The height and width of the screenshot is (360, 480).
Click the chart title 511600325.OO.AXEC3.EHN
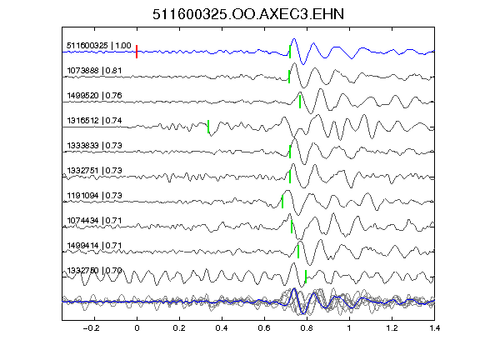click(x=248, y=14)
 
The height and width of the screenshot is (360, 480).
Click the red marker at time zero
click(x=137, y=52)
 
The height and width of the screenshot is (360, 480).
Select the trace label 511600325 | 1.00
click(x=99, y=46)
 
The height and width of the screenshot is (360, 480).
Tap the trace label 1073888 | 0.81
click(x=94, y=71)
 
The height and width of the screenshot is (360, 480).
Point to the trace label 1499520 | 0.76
click(x=94, y=96)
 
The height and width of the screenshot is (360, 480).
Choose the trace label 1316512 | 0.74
click(x=94, y=121)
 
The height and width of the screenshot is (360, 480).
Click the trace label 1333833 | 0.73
click(x=94, y=145)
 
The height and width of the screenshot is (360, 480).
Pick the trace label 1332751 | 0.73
click(x=94, y=171)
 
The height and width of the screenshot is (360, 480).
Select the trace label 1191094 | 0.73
click(x=94, y=196)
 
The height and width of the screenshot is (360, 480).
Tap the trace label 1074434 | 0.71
click(x=94, y=221)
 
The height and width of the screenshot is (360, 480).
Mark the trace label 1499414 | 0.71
click(x=94, y=246)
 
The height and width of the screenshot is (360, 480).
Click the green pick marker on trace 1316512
click(x=208, y=127)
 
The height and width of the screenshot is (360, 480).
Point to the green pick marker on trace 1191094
click(x=282, y=202)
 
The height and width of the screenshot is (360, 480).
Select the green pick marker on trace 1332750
click(x=306, y=277)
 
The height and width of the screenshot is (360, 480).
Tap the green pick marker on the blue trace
click(x=290, y=52)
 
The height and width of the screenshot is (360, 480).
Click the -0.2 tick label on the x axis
click(x=92, y=328)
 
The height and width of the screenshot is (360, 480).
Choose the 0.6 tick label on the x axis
click(x=264, y=328)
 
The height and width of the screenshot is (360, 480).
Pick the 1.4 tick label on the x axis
click(x=434, y=328)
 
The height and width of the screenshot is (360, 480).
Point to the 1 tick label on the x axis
click(x=349, y=328)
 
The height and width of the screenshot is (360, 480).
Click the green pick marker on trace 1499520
click(x=300, y=102)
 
